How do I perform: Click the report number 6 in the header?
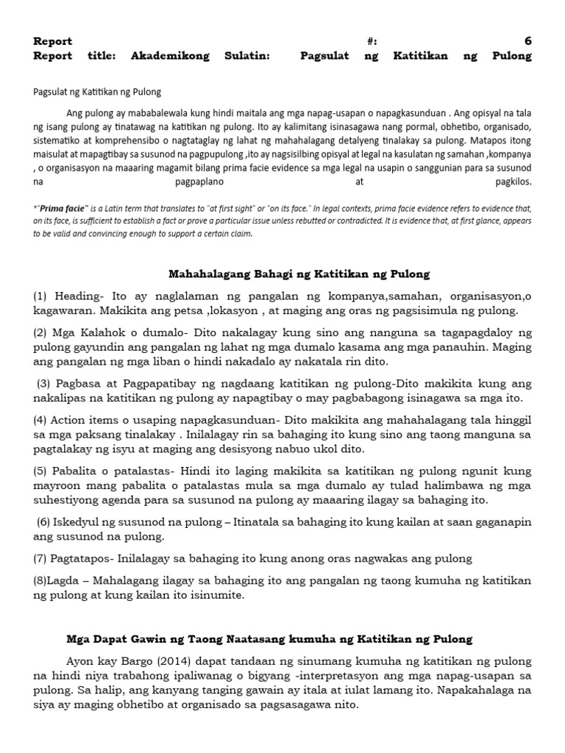coord(527,41)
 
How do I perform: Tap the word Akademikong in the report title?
coord(170,56)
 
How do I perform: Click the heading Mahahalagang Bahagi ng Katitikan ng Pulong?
coord(299,274)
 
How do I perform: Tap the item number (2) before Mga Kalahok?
coord(40,333)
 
